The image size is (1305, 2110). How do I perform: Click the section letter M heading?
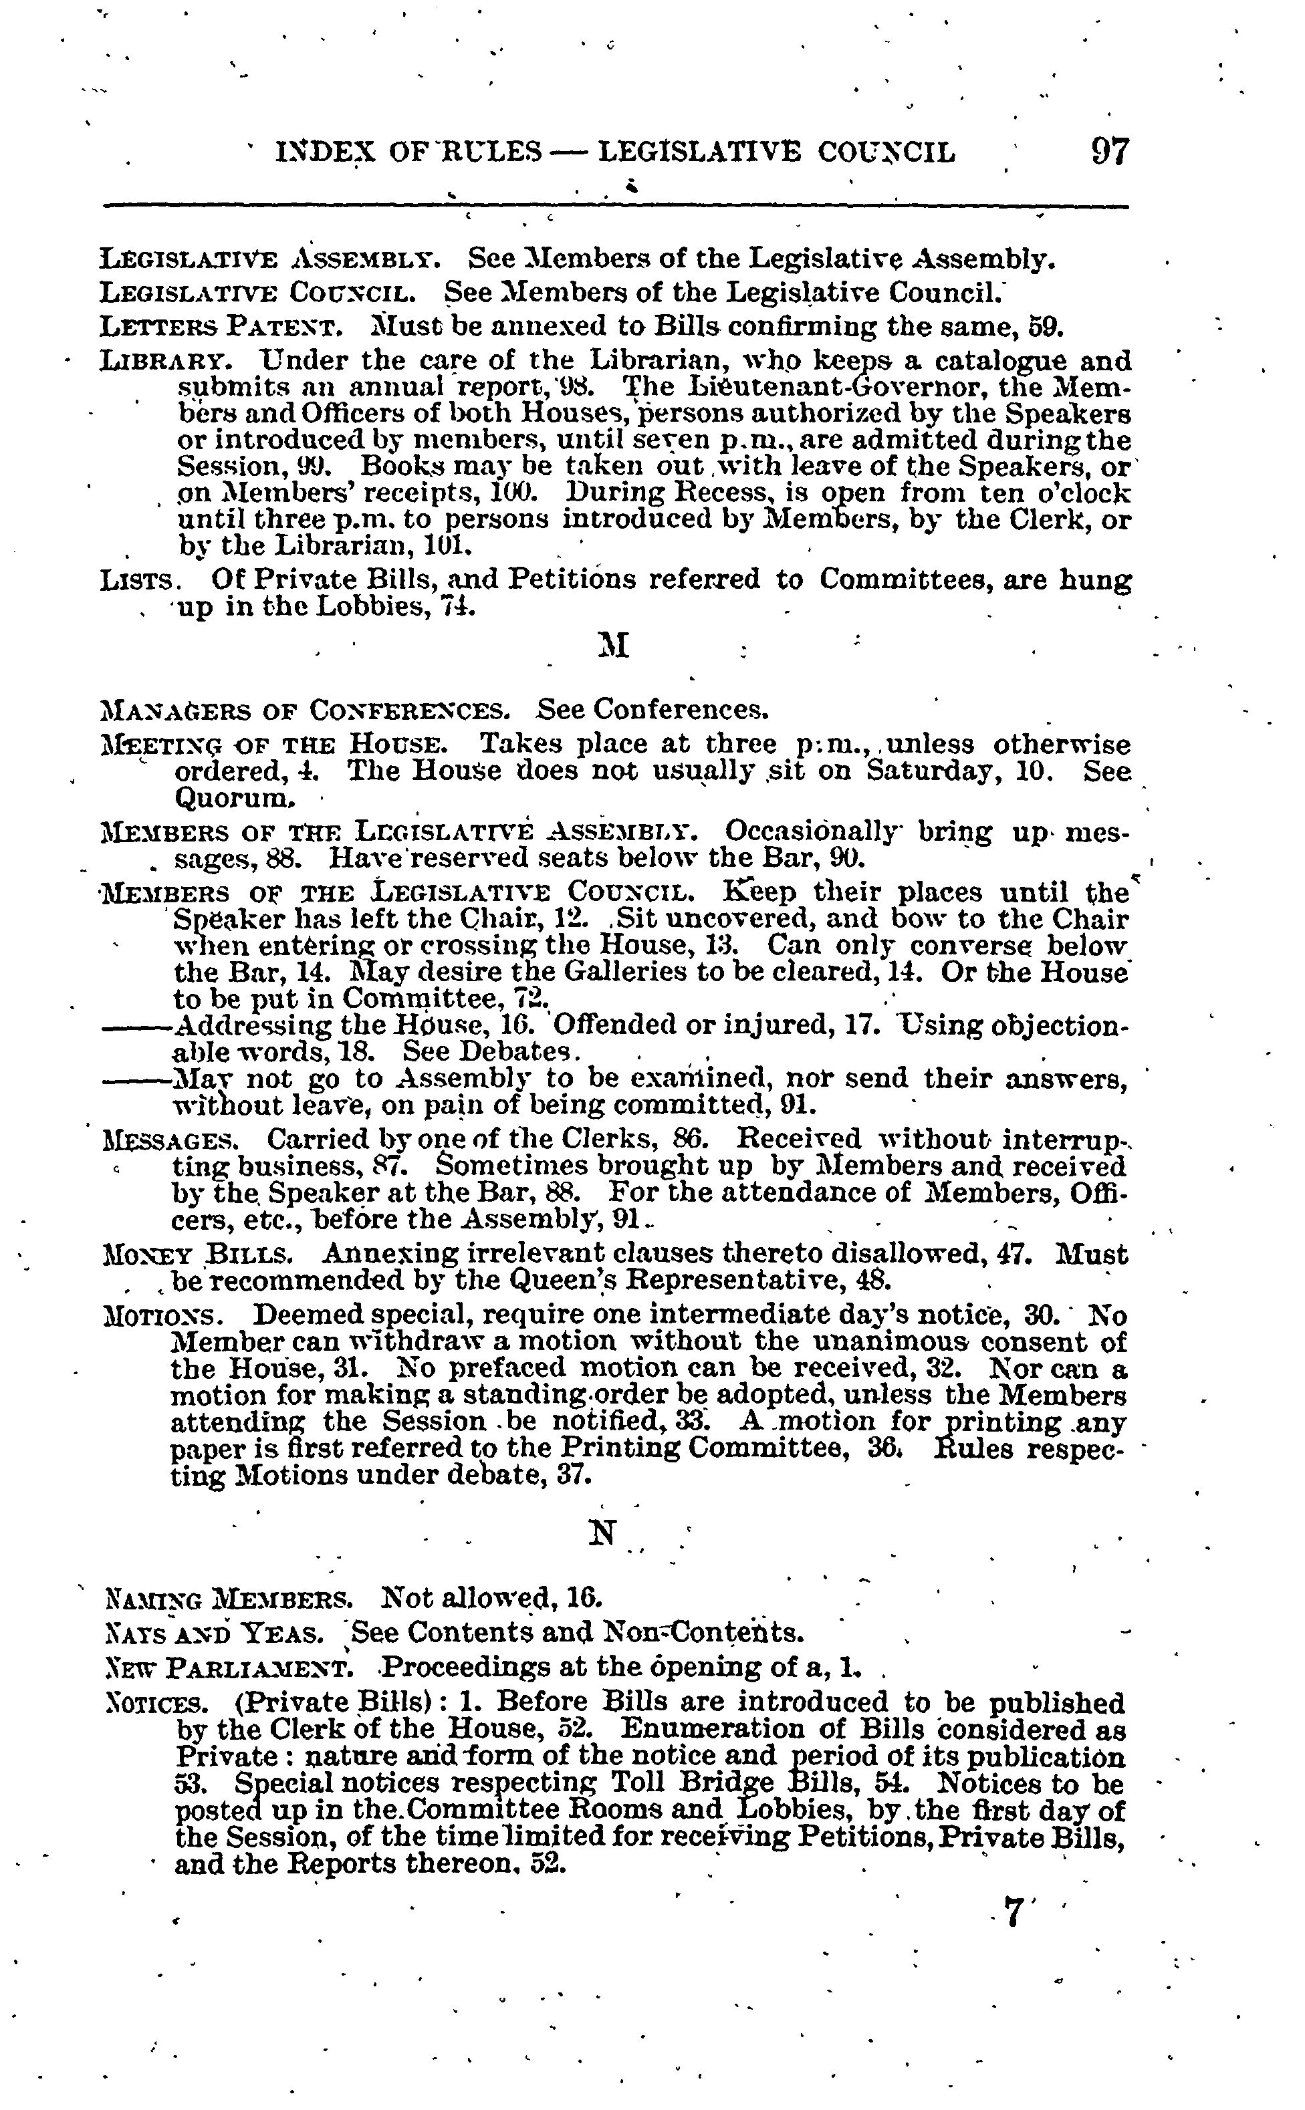[x=614, y=644]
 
